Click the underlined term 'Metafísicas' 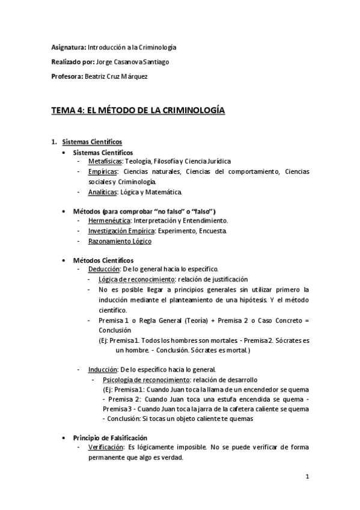click(x=105, y=162)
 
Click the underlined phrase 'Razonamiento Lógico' click(x=120, y=241)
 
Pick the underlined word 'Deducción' click(x=104, y=269)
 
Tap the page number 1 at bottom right click(x=307, y=478)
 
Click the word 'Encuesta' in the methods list click(x=214, y=231)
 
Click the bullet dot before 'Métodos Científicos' click(x=65, y=260)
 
